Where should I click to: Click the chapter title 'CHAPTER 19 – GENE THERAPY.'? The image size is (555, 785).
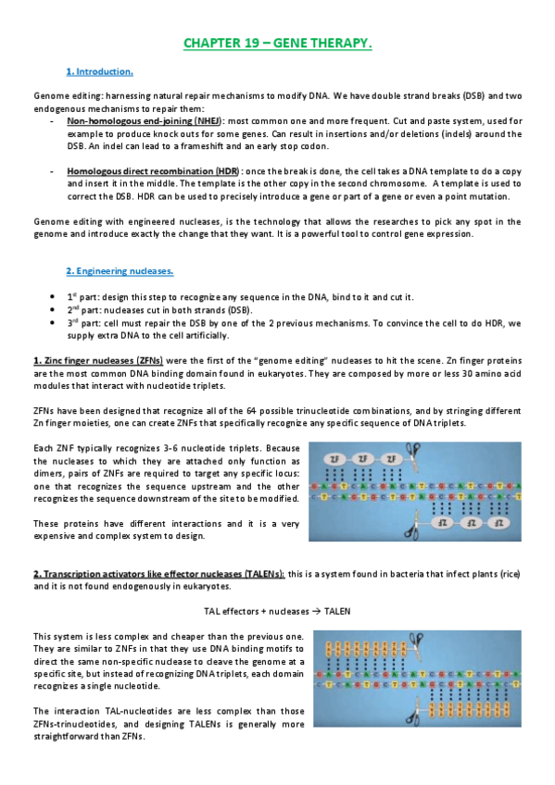click(277, 44)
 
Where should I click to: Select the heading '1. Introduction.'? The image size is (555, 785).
click(100, 71)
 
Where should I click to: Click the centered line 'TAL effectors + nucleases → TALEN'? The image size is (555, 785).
click(277, 612)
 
